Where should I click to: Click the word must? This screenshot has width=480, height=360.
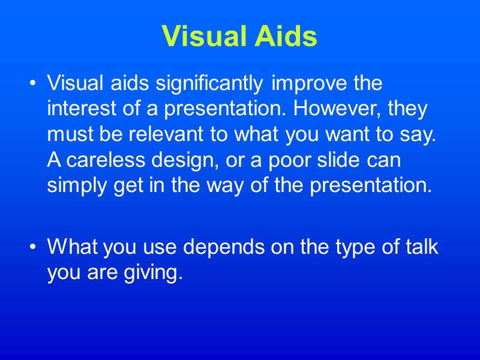click(x=68, y=136)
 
